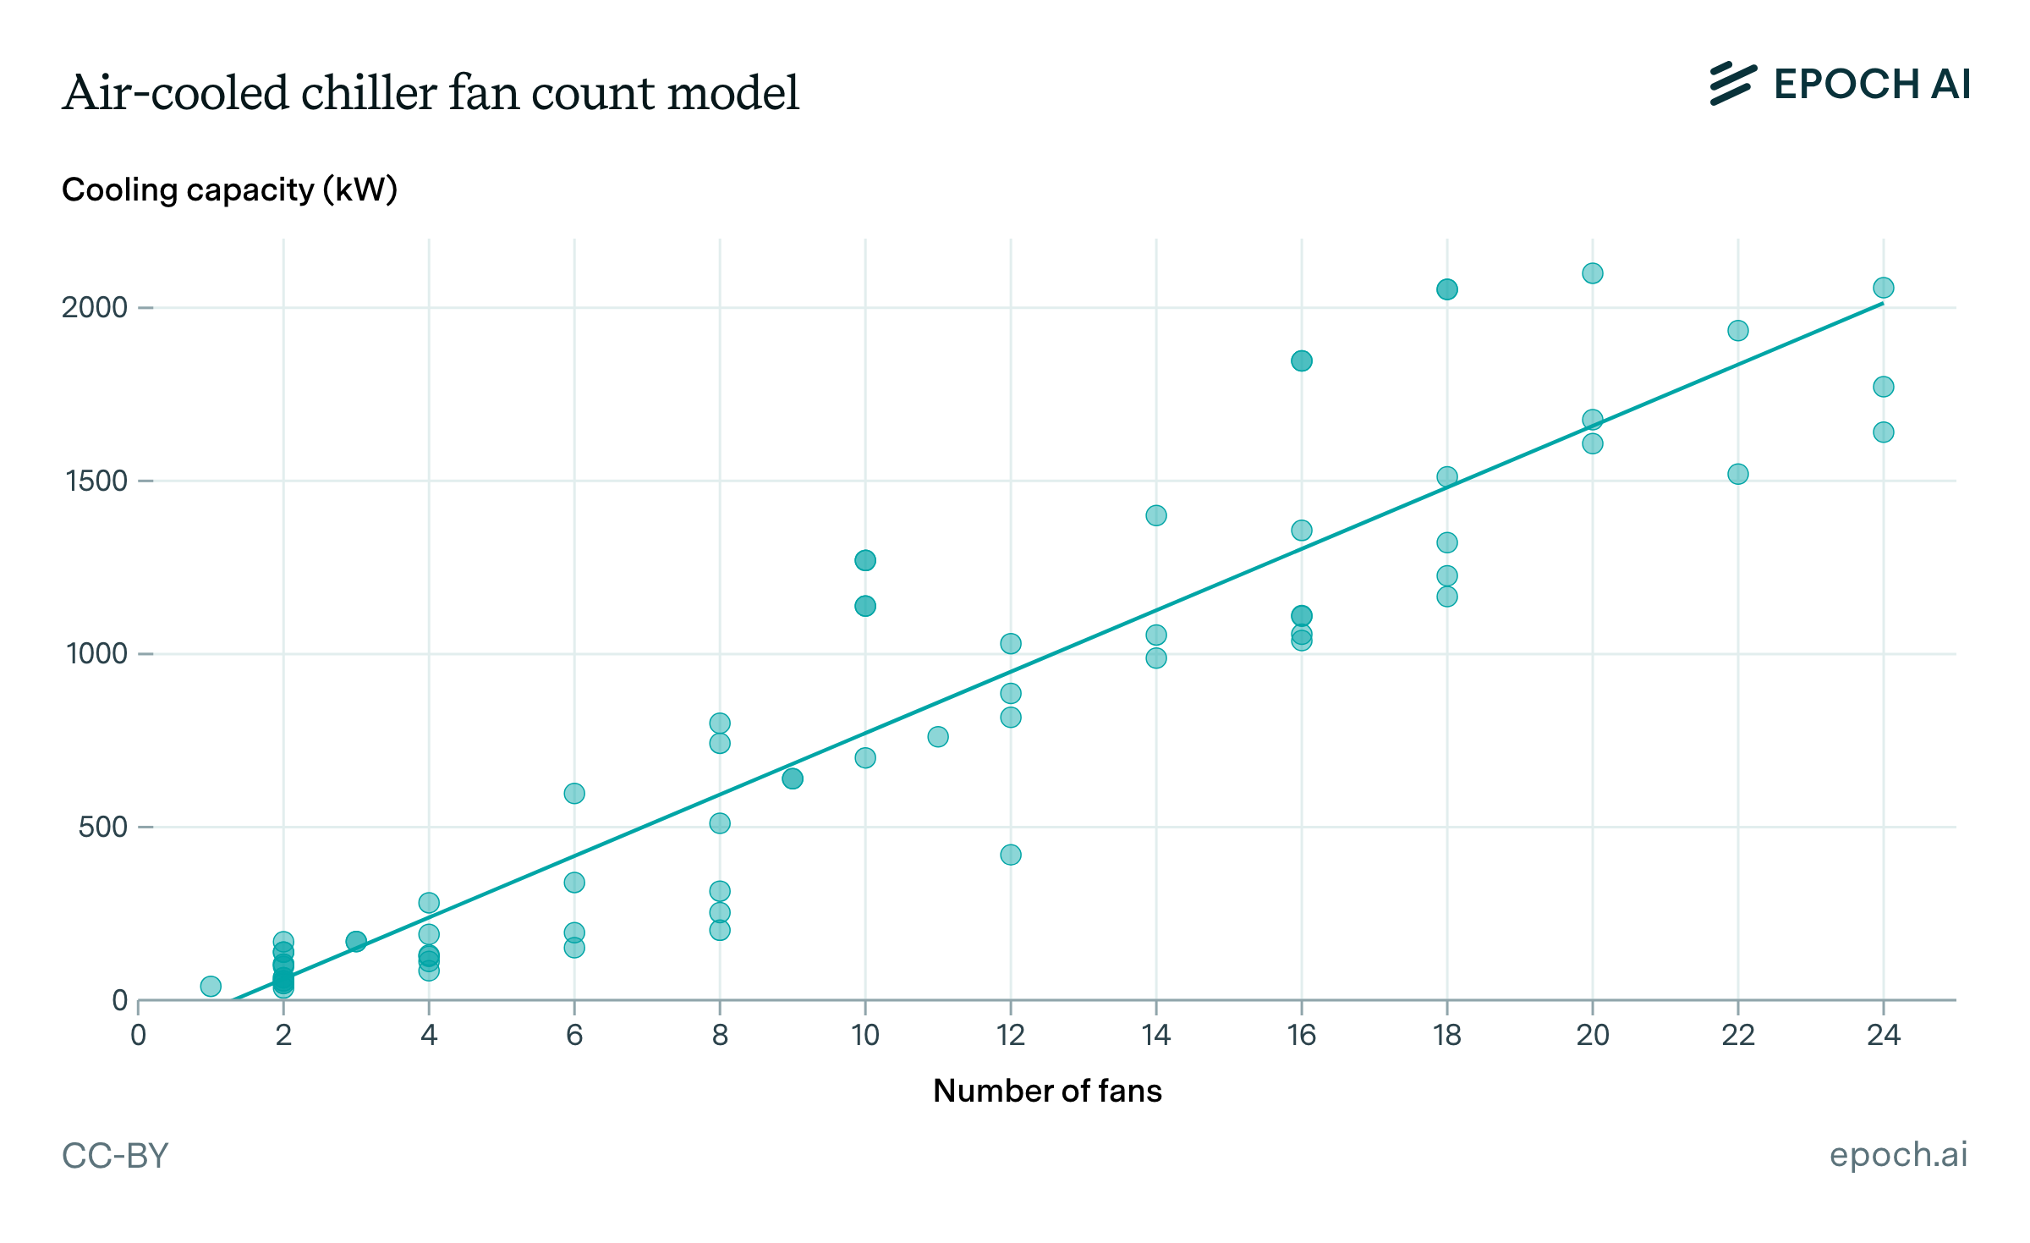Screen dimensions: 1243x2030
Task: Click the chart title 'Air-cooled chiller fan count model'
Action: tap(431, 92)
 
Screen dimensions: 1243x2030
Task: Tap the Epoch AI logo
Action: tap(1840, 85)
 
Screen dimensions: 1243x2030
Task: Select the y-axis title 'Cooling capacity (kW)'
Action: tap(229, 190)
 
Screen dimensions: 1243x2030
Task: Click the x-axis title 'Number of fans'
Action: tap(1047, 1091)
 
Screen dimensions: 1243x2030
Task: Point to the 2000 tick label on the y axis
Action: tap(94, 307)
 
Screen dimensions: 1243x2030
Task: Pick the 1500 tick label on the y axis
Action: tap(96, 481)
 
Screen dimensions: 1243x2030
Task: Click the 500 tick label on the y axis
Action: tap(102, 827)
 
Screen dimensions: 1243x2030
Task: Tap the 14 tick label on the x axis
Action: tap(1155, 1035)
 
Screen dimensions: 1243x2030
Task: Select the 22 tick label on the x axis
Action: tap(1737, 1035)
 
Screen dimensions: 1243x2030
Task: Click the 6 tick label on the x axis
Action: tap(574, 1035)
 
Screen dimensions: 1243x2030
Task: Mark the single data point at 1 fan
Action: tap(211, 986)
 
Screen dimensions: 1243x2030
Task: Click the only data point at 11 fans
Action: tap(938, 736)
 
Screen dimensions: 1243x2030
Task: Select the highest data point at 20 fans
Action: tap(1593, 273)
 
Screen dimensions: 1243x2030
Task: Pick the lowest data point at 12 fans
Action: tap(1011, 855)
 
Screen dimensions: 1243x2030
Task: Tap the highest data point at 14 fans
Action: tap(1156, 515)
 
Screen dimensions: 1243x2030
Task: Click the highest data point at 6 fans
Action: tap(574, 793)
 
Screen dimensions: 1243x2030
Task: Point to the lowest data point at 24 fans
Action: tap(1884, 432)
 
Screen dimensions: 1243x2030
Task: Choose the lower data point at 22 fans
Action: tap(1738, 474)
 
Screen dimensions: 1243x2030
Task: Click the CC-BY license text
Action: tap(115, 1156)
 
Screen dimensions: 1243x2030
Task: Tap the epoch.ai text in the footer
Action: tap(1898, 1154)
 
